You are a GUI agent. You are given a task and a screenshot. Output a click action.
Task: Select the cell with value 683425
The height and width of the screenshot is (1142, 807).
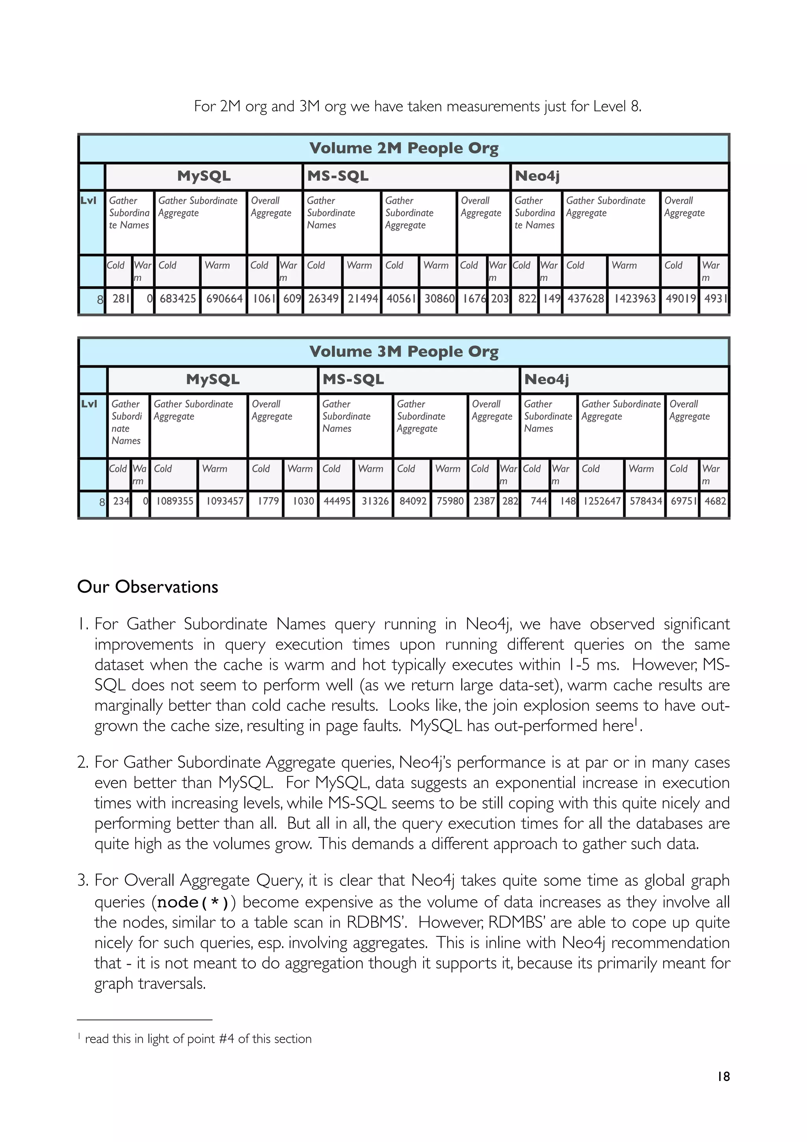pyautogui.click(x=177, y=298)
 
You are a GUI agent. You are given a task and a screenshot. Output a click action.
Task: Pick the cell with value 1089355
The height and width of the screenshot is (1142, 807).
pyautogui.click(x=175, y=501)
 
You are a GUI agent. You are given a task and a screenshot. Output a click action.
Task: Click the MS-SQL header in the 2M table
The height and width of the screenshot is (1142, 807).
pyautogui.click(x=338, y=176)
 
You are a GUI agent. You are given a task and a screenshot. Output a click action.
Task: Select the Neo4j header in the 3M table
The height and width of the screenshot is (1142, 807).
pyautogui.click(x=547, y=379)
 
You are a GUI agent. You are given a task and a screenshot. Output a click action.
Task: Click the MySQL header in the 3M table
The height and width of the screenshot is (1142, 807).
pyautogui.click(x=213, y=379)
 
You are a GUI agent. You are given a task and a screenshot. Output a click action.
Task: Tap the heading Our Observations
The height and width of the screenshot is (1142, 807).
pyautogui.click(x=148, y=587)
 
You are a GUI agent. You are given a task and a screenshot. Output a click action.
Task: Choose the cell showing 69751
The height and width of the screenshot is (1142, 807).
pyautogui.click(x=683, y=501)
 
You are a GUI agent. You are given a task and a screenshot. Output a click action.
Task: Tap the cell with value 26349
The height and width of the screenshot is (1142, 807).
pyautogui.click(x=323, y=298)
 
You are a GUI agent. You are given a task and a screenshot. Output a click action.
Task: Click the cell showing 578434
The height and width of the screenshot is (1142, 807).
pyautogui.click(x=645, y=501)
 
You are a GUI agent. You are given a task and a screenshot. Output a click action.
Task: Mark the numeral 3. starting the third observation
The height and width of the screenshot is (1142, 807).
pyautogui.click(x=83, y=881)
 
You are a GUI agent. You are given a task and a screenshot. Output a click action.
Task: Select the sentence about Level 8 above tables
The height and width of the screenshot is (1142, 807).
pyautogui.click(x=418, y=106)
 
